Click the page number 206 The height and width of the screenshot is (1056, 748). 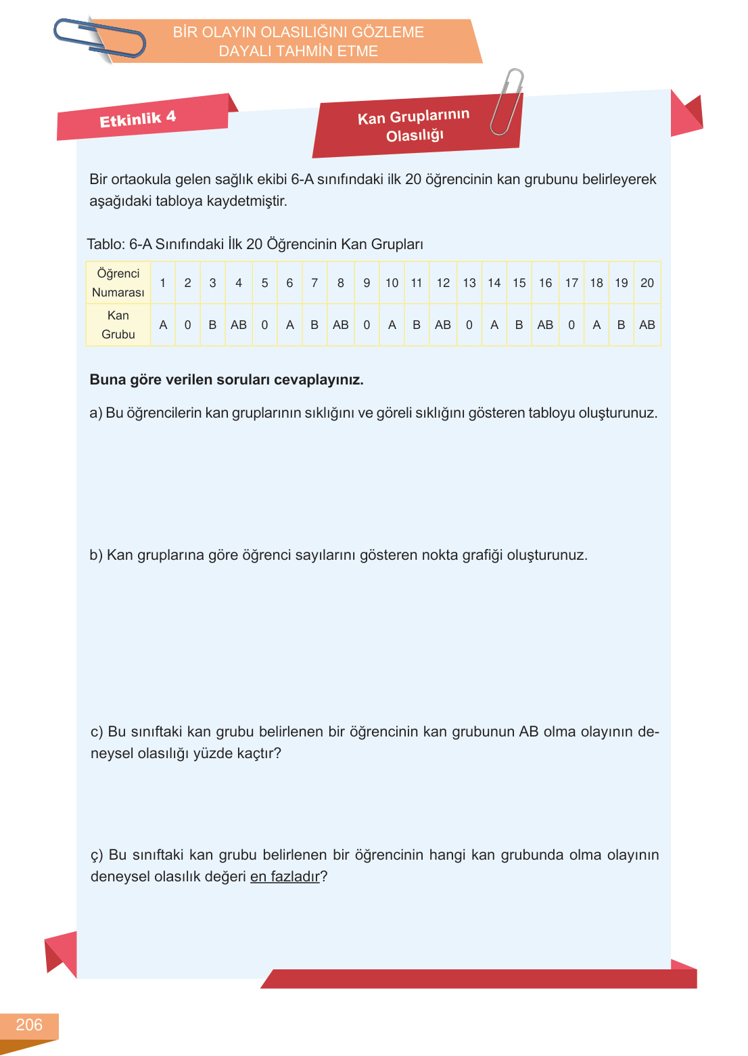tap(29, 1025)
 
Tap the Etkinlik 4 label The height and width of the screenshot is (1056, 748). tap(137, 119)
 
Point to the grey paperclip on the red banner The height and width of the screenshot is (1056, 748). tap(507, 101)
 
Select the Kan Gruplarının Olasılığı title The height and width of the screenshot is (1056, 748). tap(414, 126)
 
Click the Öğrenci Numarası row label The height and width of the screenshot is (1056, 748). tap(118, 283)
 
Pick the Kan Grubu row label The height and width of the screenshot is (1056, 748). tap(118, 325)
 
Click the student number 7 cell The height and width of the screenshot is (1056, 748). tap(314, 283)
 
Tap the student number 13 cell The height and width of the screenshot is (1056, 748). tap(469, 283)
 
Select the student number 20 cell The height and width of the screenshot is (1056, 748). tap(647, 283)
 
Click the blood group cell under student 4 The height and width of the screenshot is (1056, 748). tap(239, 325)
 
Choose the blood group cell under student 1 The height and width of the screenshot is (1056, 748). tap(163, 325)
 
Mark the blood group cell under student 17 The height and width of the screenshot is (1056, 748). tap(571, 325)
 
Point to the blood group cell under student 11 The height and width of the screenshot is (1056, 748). tap(417, 325)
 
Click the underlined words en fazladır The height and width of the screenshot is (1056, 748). tap(285, 877)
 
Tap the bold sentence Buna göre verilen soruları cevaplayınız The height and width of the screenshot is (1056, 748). tap(227, 380)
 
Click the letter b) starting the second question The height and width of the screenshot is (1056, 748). tap(96, 555)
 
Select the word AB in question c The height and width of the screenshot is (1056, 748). tap(529, 732)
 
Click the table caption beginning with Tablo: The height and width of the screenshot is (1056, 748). tap(255, 244)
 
